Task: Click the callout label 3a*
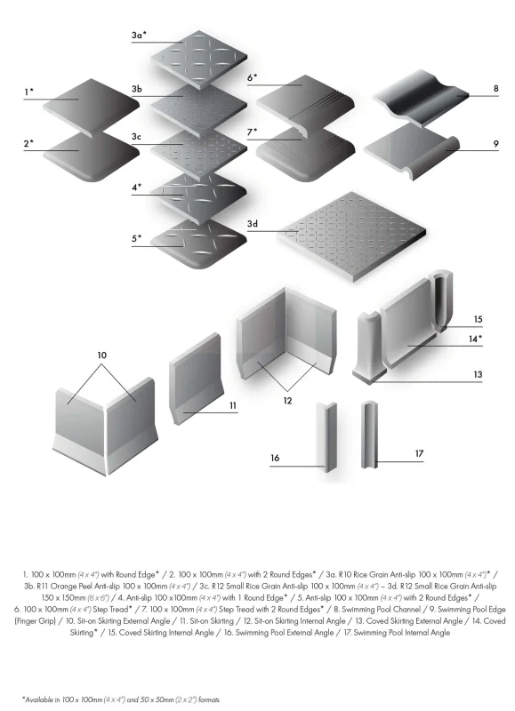point(139,35)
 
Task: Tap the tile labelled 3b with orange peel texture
point(198,108)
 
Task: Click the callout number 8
point(496,88)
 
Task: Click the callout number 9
point(496,144)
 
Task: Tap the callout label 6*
point(252,77)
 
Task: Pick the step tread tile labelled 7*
point(306,153)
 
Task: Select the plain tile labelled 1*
point(92,108)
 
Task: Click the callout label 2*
point(28,144)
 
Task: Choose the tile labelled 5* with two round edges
point(198,244)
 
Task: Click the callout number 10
point(101,355)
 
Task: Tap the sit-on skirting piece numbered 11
point(196,379)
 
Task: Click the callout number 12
point(287,401)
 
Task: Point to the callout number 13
point(478,374)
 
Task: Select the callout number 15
point(478,319)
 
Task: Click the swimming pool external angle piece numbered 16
point(326,437)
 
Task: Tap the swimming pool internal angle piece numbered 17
point(369,435)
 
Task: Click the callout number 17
point(419,453)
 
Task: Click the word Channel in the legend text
point(406,610)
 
